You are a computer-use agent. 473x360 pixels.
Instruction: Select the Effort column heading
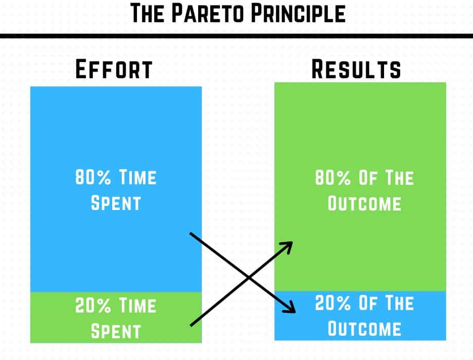click(114, 70)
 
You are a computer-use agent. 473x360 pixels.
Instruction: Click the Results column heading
click(356, 69)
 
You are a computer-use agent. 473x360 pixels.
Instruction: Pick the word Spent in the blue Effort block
click(115, 203)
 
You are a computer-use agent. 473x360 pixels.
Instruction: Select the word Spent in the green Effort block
click(115, 331)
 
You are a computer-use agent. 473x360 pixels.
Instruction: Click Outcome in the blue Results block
click(364, 329)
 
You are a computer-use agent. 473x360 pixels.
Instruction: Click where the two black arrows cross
click(248, 278)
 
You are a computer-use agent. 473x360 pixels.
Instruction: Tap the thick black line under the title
click(236, 36)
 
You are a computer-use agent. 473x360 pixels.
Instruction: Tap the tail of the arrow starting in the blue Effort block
click(191, 234)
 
